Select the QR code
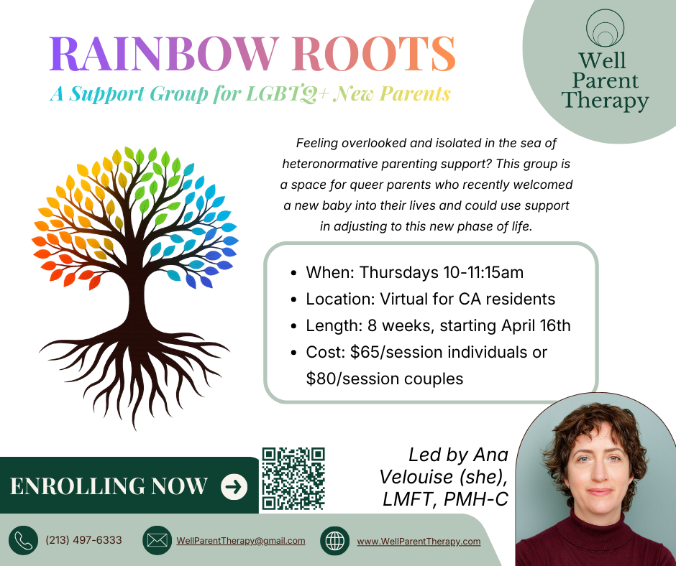click(x=293, y=478)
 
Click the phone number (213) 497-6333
click(x=83, y=540)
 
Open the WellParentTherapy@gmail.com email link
click(x=241, y=541)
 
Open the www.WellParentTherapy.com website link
click(x=419, y=542)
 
